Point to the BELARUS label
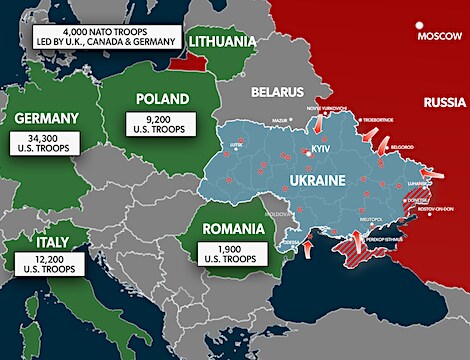(277, 92)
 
